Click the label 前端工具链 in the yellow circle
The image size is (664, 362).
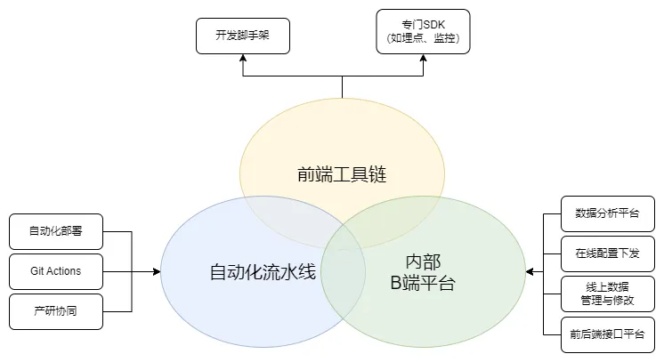[x=342, y=174]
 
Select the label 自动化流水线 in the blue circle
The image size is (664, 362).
[x=263, y=269]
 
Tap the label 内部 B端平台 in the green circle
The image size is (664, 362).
[x=423, y=273]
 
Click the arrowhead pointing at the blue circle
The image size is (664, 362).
[x=157, y=271]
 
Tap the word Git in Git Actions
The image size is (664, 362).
[x=36, y=271]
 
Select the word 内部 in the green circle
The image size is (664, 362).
[x=423, y=262]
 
